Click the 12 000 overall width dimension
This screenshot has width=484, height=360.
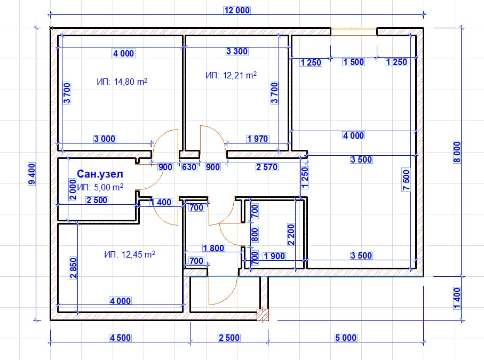pyautogui.click(x=237, y=10)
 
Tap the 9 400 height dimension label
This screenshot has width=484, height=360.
pyautogui.click(x=32, y=174)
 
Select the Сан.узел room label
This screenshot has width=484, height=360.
pyautogui.click(x=100, y=174)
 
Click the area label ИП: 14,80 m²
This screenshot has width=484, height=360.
pyautogui.click(x=122, y=82)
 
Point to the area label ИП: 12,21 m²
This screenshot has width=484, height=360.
pyautogui.click(x=231, y=75)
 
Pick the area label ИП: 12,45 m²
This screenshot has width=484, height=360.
pyautogui.click(x=130, y=254)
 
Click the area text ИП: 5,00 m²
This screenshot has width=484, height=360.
pyautogui.click(x=100, y=187)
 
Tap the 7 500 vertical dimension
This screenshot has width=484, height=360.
pyautogui.click(x=406, y=180)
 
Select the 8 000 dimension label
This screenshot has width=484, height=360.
pyautogui.click(x=457, y=152)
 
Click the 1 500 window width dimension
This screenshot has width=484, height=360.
pyautogui.click(x=354, y=62)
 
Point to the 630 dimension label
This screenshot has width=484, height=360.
pyautogui.click(x=189, y=167)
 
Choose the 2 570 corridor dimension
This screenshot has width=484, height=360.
pyautogui.click(x=267, y=167)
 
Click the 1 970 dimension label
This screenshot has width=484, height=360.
pyautogui.click(x=257, y=139)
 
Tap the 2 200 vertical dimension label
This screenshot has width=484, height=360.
pyautogui.click(x=291, y=235)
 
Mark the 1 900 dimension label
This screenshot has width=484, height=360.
pyautogui.click(x=274, y=256)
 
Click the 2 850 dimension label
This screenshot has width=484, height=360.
pyautogui.click(x=74, y=268)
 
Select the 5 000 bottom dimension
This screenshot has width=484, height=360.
pyautogui.click(x=346, y=338)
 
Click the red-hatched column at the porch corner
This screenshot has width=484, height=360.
pyautogui.click(x=263, y=315)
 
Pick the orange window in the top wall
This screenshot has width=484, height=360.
pyautogui.click(x=354, y=32)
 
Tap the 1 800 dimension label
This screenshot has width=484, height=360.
pyautogui.click(x=213, y=247)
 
